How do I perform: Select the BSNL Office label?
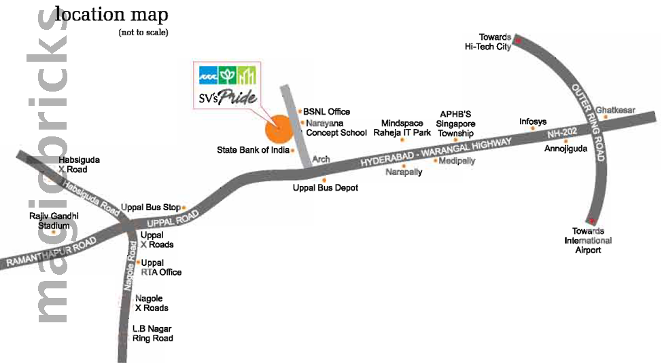326,112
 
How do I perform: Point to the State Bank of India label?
253,150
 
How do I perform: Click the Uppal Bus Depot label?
325,187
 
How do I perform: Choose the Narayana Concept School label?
336,128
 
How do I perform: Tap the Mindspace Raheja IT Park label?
402,128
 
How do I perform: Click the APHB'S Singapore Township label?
455,124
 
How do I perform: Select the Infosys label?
533,122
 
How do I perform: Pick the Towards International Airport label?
588,241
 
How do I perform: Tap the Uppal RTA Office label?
161,267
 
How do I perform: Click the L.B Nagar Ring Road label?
153,334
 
